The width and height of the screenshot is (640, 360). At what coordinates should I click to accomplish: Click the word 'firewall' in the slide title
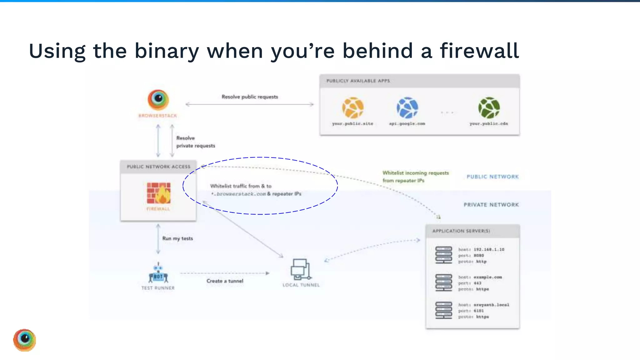click(x=479, y=51)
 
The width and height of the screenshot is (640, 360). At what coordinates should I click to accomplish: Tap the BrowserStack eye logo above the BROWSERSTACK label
click(x=158, y=100)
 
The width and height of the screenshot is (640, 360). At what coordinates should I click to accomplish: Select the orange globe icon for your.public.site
click(x=353, y=108)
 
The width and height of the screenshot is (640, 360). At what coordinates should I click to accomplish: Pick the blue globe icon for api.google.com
click(x=407, y=108)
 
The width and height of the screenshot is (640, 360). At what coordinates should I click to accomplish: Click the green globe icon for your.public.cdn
click(x=489, y=108)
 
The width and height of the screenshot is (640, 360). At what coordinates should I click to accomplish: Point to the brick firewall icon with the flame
click(x=159, y=193)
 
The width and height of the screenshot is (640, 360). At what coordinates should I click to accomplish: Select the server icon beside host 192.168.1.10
click(x=444, y=255)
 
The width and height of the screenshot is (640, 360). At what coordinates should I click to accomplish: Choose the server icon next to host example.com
click(x=444, y=282)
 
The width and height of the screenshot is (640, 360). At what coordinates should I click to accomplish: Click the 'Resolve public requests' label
click(x=250, y=97)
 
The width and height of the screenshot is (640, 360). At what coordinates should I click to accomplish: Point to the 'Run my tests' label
click(x=177, y=238)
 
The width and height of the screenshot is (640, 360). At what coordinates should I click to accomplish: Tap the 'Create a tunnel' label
click(x=225, y=281)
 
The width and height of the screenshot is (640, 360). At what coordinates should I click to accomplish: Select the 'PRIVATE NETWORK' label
click(x=491, y=205)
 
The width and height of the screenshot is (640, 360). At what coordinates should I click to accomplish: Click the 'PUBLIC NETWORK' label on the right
click(x=492, y=177)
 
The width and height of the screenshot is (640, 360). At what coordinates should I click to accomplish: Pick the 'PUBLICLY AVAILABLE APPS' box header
click(x=358, y=81)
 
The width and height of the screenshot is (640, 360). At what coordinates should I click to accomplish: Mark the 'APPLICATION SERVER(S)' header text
click(x=461, y=231)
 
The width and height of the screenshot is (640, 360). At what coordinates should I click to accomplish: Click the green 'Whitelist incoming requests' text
click(x=415, y=173)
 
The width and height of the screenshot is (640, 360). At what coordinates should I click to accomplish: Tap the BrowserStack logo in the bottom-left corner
click(x=25, y=340)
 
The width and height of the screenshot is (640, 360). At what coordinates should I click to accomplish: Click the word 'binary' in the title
click(x=167, y=51)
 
